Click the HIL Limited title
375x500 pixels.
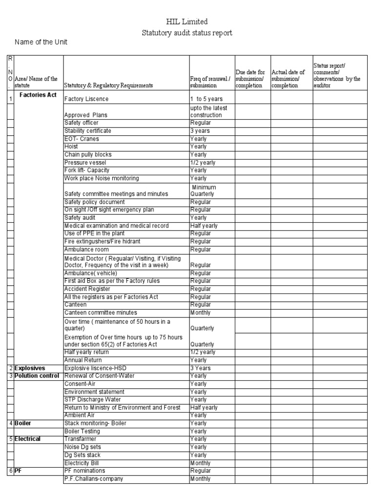pyautogui.click(x=187, y=22)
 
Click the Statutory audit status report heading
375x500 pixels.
pyautogui.click(x=187, y=33)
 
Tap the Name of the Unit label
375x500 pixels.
pyautogui.click(x=41, y=42)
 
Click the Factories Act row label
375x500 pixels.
pyautogui.click(x=39, y=95)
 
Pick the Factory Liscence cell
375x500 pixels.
pyautogui.click(x=86, y=99)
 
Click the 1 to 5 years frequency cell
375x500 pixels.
pyautogui.click(x=206, y=99)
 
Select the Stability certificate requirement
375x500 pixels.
pyautogui.click(x=88, y=131)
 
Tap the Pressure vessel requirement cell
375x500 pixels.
pyautogui.click(x=85, y=163)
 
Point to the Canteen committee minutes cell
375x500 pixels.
pyautogui.click(x=101, y=312)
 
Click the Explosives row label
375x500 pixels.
pyautogui.click(x=30, y=368)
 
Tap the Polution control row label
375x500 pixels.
pyautogui.click(x=37, y=376)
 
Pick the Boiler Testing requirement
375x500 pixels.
pyautogui.click(x=82, y=431)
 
